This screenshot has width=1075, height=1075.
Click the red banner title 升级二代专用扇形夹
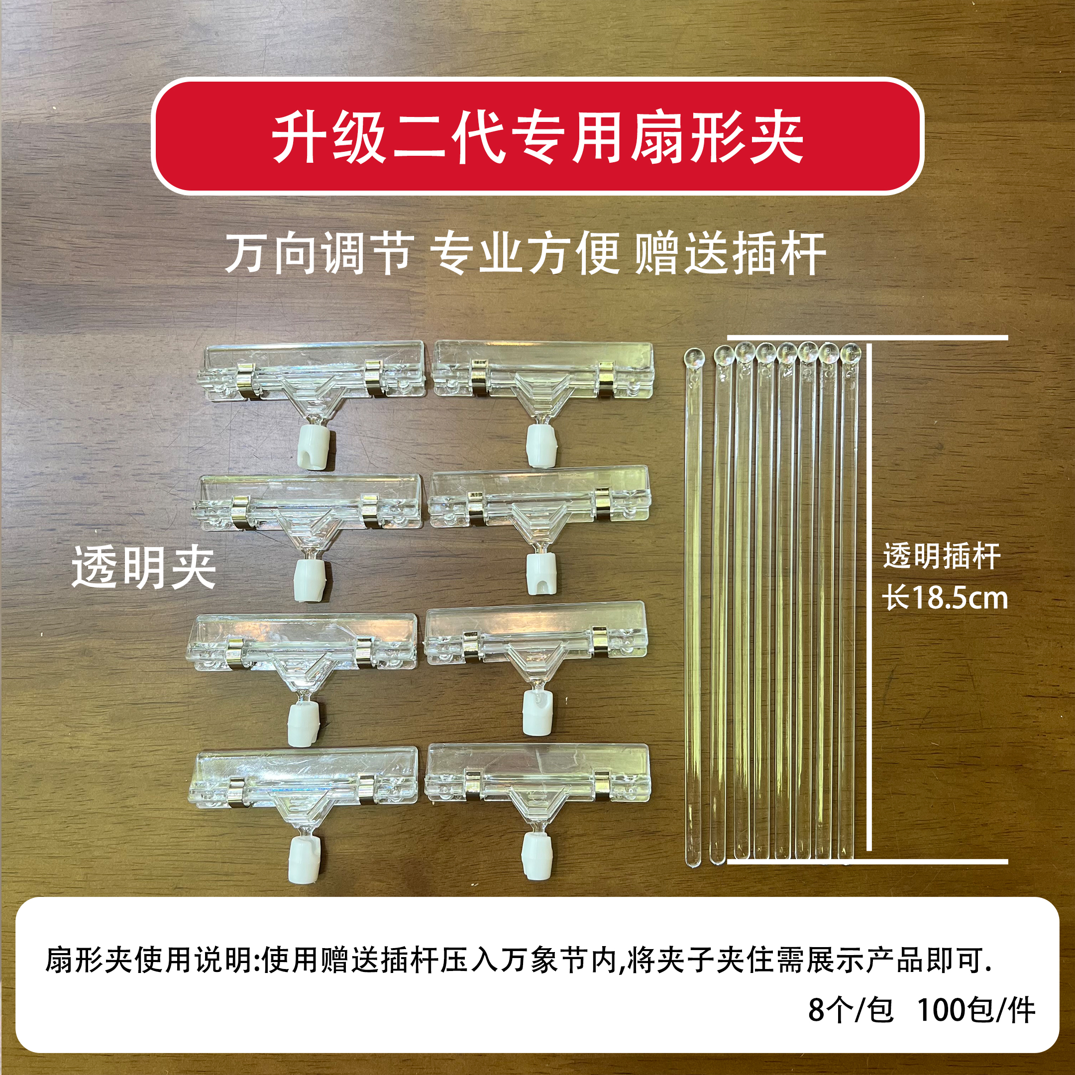(537, 137)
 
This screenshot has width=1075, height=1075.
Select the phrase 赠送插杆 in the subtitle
(730, 254)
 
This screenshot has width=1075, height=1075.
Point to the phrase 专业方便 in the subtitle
(526, 254)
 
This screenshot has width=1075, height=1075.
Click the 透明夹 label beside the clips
(143, 567)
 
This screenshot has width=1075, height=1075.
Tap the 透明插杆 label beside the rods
(942, 556)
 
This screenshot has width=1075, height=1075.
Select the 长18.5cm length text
(945, 599)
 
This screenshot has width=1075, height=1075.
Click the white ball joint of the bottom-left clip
(304, 860)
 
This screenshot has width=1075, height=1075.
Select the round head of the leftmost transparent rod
(694, 357)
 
